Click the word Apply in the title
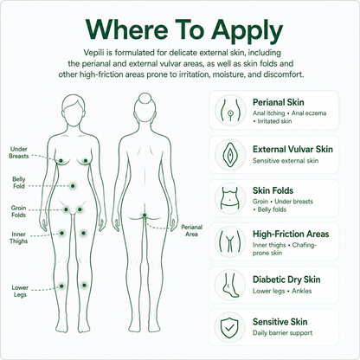click(247, 31)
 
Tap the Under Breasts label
click(19, 152)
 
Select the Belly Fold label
click(19, 183)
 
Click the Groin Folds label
click(18, 211)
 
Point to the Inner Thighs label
click(19, 238)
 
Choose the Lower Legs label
click(20, 291)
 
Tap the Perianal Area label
click(191, 230)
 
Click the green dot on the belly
click(73, 186)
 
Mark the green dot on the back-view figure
click(145, 215)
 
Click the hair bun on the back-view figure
click(145, 98)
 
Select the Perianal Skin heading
click(279, 102)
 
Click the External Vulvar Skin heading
click(292, 149)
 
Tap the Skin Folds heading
click(273, 190)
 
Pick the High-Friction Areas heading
click(291, 234)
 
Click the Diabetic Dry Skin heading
click(286, 280)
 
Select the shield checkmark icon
click(230, 328)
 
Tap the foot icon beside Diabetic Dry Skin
click(230, 285)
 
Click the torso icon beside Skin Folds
click(230, 198)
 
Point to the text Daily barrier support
click(282, 333)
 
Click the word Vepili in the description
click(94, 53)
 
